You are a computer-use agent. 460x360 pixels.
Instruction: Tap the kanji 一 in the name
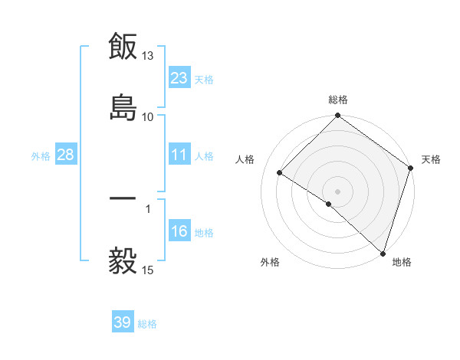pyautogui.click(x=123, y=199)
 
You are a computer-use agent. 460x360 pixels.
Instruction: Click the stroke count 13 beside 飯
pyautogui.click(x=148, y=56)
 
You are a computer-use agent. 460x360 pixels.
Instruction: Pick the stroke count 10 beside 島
pyautogui.click(x=148, y=116)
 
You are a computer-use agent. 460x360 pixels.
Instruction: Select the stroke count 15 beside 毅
pyautogui.click(x=148, y=270)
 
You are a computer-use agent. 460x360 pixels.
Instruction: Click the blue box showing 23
pyautogui.click(x=179, y=77)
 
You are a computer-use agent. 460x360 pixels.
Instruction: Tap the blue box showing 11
pyautogui.click(x=179, y=155)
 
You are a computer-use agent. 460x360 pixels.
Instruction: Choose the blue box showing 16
pyautogui.click(x=179, y=231)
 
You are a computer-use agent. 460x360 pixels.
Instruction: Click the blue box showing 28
pyautogui.click(x=66, y=155)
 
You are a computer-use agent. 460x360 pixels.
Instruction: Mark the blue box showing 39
pyautogui.click(x=123, y=322)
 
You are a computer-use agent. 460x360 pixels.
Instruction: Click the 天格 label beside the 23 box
pyautogui.click(x=204, y=79)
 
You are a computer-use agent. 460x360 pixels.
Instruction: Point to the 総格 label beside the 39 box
pyautogui.click(x=147, y=324)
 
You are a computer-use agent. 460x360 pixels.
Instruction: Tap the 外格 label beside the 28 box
pyautogui.click(x=41, y=156)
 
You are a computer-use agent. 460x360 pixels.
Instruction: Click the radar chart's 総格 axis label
pyautogui.click(x=338, y=100)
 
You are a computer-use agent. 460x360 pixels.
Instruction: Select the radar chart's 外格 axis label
pyautogui.click(x=270, y=263)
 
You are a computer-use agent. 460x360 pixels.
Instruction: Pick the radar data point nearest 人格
pyautogui.click(x=281, y=173)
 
